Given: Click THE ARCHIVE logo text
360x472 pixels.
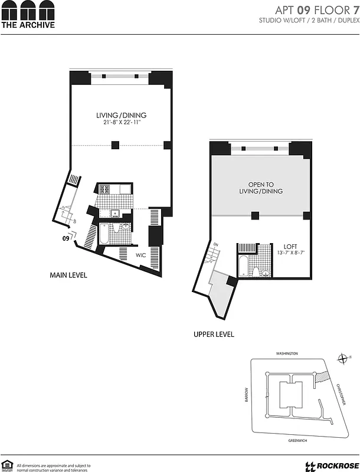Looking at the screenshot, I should (28, 25).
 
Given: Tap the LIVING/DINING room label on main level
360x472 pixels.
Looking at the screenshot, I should (122, 115).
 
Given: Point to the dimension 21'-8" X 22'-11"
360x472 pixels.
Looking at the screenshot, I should (122, 123).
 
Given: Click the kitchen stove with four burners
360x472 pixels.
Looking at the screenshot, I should (105, 189).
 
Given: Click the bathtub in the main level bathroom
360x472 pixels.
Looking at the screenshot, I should (104, 235).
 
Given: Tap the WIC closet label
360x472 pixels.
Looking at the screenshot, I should (140, 255).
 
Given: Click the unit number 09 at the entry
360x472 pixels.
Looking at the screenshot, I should (66, 239).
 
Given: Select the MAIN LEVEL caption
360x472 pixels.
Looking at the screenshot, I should (68, 275).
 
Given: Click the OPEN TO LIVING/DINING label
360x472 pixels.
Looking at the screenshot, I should (261, 187).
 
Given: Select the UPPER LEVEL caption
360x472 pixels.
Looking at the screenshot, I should (214, 334).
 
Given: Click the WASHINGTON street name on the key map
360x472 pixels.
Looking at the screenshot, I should (287, 353).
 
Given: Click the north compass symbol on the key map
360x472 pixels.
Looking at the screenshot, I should (343, 358).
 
